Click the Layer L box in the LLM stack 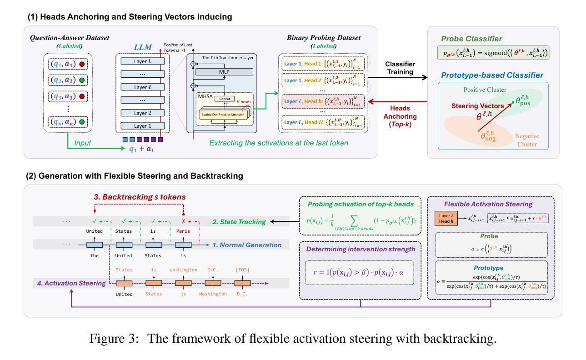[143, 61]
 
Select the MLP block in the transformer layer [224, 72]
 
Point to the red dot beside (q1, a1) [82, 64]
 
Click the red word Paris [183, 230]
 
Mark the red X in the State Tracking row [183, 221]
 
